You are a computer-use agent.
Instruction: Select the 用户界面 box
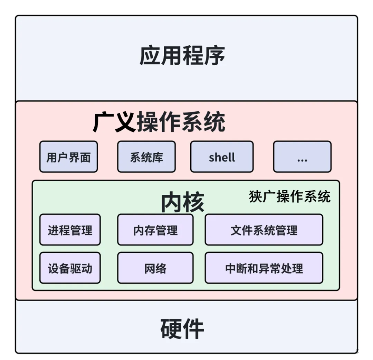(68, 157)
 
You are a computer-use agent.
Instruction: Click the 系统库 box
(146, 157)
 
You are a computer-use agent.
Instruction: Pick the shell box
(222, 157)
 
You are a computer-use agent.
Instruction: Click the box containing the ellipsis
(302, 157)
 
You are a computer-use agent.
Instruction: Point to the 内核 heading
(183, 202)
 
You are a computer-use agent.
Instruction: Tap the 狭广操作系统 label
(290, 196)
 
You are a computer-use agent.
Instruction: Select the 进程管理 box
(70, 230)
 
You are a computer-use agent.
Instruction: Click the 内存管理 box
(155, 230)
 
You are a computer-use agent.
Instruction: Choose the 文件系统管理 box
(264, 230)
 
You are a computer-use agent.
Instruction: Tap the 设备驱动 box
(70, 268)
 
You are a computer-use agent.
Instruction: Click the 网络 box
(155, 268)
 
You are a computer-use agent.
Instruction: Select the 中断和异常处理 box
(264, 268)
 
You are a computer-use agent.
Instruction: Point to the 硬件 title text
(182, 329)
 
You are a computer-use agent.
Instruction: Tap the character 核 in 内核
(193, 202)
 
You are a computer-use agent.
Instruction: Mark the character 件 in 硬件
(193, 329)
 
